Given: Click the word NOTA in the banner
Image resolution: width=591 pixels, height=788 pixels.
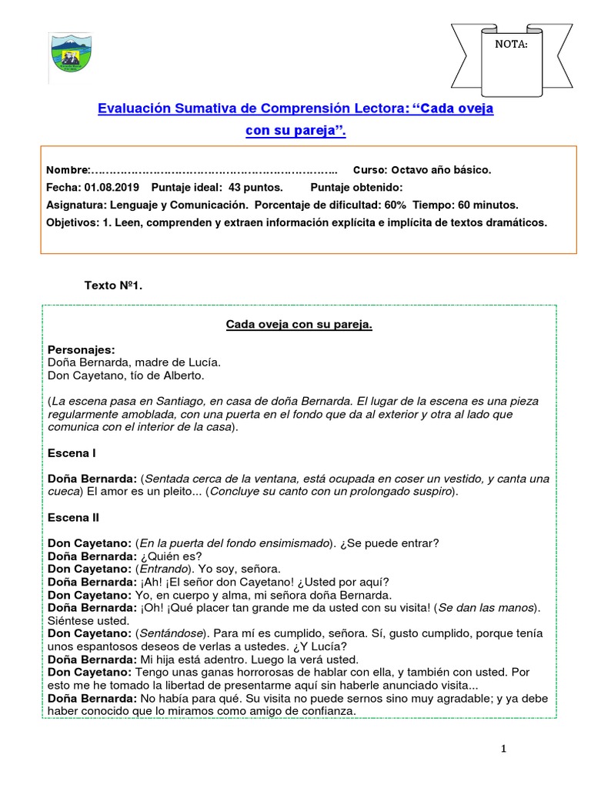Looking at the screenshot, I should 511,44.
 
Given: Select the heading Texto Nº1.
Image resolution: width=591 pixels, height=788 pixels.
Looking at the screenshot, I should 113,285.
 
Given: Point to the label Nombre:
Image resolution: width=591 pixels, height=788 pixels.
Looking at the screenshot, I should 68,169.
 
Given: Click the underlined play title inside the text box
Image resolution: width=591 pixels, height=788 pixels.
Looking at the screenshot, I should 299,325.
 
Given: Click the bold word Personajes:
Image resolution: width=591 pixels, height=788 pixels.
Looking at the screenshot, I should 81,349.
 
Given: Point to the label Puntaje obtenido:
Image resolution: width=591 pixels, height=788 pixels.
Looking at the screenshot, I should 356,187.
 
